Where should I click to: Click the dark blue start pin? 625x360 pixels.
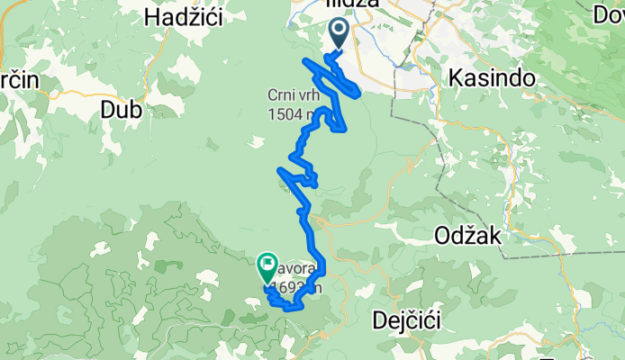[x=340, y=34]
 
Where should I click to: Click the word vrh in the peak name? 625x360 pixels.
[x=310, y=95]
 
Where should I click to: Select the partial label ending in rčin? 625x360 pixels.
[x=18, y=78]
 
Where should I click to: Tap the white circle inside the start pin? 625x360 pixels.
[x=340, y=31]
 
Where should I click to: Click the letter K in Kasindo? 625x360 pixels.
[x=454, y=78]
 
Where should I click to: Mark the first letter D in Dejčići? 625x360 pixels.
[x=378, y=320]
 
